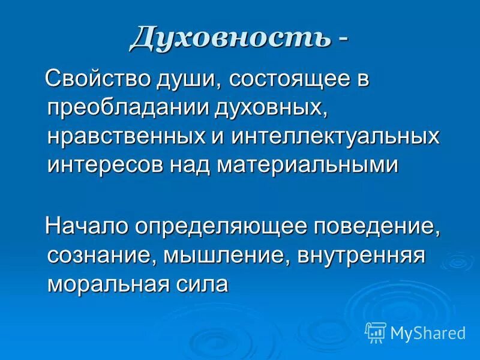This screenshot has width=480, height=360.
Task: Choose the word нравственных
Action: click(x=119, y=136)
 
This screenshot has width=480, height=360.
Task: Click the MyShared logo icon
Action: click(x=376, y=332)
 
